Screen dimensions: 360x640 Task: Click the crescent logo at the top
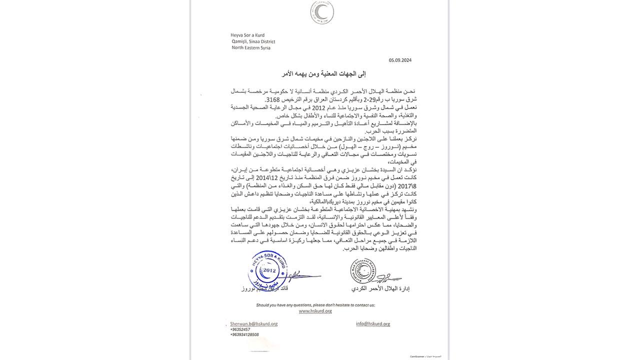click(x=321, y=13)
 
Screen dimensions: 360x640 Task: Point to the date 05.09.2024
click(x=400, y=60)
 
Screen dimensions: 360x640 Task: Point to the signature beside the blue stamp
click(x=302, y=275)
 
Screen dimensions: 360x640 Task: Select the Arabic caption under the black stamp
click(x=380, y=289)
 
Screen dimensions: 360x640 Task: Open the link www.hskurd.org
click(x=315, y=311)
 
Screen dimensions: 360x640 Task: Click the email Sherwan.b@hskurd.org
click(x=253, y=324)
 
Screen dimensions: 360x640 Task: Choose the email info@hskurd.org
click(x=373, y=324)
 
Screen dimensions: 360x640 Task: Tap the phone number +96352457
click(x=240, y=329)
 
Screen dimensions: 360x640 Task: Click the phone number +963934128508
click(x=244, y=334)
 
